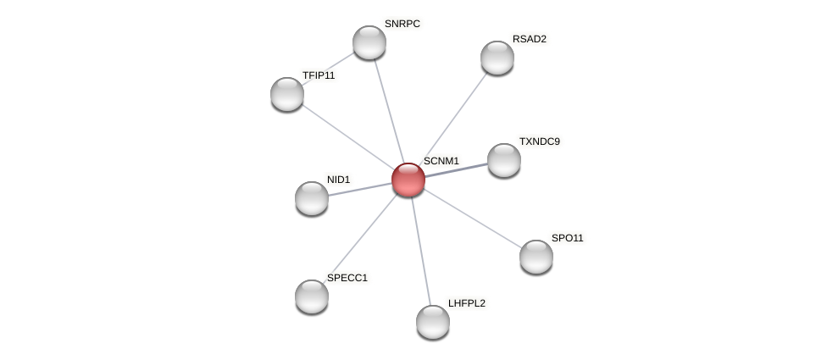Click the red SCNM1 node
coord(408,180)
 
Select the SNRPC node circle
coord(369,42)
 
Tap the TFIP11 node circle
coord(287,94)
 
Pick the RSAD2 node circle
coord(497,58)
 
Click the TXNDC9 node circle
coord(504,160)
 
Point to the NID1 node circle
coord(312,198)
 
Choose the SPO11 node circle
coord(536,257)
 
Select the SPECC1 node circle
coord(312,296)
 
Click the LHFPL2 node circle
coord(433,322)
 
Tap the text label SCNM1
coord(441,161)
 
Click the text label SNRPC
coord(402,24)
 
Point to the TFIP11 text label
coord(319,75)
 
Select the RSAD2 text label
coord(530,39)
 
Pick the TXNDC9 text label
coord(540,141)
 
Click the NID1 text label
coord(339,180)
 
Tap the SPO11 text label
coord(568,238)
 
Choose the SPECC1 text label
coord(347,278)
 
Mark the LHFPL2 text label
coord(467,303)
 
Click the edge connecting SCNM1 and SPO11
coord(472,219)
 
